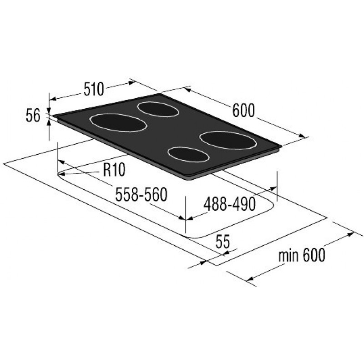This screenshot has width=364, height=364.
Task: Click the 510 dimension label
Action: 94,89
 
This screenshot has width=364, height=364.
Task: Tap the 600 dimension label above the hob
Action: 243,111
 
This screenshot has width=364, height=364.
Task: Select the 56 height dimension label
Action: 33,116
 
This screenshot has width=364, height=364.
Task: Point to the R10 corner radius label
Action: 114,169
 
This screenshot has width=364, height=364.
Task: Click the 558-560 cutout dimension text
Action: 142,194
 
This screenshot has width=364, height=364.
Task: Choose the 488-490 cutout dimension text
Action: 230,204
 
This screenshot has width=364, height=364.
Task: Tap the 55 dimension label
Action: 222,242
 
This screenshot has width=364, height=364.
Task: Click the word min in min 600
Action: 288,256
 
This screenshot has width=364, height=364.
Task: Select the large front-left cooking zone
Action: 118,123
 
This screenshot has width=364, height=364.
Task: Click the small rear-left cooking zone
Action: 158,109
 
